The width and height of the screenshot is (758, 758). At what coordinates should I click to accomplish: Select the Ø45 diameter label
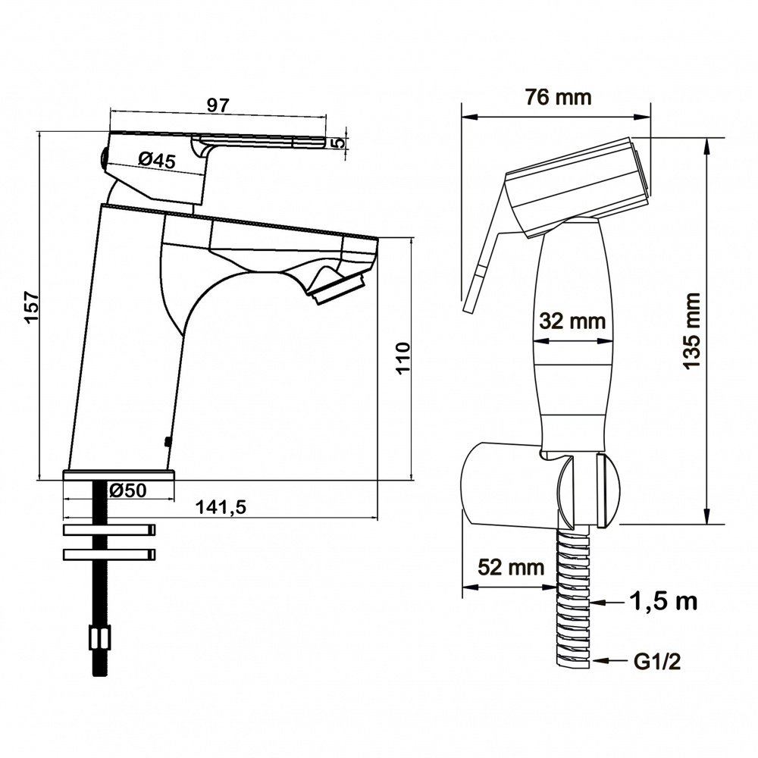pos(157,159)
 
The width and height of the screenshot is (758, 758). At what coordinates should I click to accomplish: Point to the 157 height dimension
pos(31,307)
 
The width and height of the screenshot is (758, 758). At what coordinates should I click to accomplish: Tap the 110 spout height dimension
pos(402,358)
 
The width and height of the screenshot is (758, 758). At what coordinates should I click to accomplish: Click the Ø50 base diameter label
pos(127,490)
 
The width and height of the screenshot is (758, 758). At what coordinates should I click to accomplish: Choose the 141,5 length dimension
pos(221,507)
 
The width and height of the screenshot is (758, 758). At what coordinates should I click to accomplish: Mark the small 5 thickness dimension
pos(340,143)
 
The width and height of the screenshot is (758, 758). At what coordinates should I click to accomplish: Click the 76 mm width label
pos(559,97)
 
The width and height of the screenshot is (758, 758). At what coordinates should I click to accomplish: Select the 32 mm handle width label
pos(572,321)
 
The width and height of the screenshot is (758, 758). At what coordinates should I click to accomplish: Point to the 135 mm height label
pos(692,330)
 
